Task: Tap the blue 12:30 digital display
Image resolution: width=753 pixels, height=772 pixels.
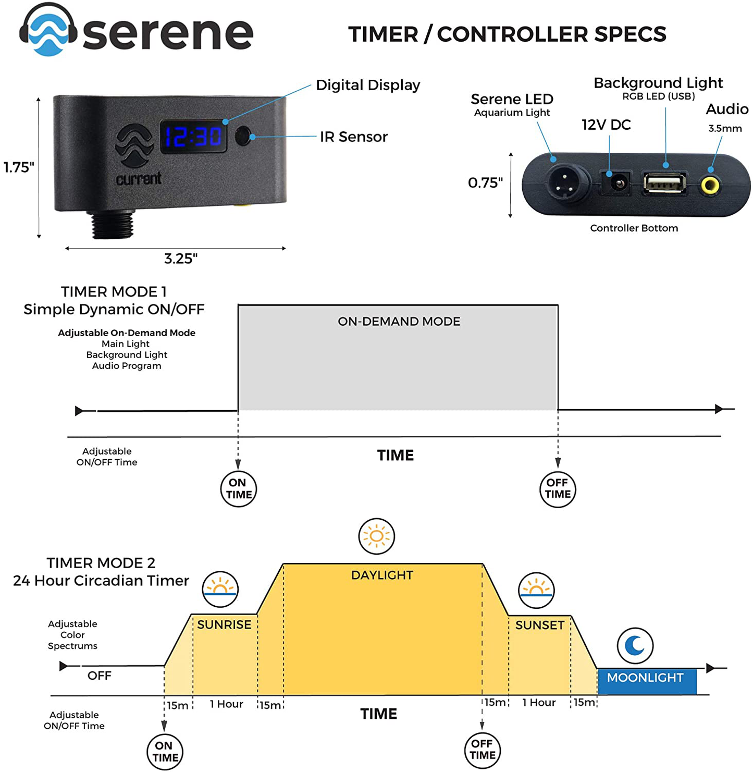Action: [193, 137]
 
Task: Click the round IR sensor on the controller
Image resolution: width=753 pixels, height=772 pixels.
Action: [242, 136]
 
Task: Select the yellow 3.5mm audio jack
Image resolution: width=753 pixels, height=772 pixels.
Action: [710, 185]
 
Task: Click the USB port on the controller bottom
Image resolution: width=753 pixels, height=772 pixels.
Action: [664, 184]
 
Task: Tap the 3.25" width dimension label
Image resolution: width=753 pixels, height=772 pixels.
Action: [181, 259]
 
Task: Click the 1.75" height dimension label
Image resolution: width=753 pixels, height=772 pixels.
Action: [19, 167]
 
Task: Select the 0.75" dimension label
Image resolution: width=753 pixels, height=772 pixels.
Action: [485, 183]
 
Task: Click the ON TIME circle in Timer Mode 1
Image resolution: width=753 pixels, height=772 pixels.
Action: [239, 489]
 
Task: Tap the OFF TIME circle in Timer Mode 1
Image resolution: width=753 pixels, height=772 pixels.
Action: [558, 489]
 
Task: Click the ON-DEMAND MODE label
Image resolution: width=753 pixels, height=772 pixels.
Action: [399, 322]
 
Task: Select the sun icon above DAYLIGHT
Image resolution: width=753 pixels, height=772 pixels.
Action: [376, 536]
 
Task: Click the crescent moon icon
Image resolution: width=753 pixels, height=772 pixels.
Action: [635, 646]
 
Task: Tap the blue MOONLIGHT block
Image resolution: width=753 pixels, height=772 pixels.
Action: [646, 681]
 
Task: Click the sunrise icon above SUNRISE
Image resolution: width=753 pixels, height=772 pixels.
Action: [220, 590]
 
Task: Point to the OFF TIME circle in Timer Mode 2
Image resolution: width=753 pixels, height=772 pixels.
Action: [482, 750]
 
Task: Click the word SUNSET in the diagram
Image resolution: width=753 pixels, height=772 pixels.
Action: [539, 625]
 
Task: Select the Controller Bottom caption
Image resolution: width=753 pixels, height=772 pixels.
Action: [634, 228]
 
